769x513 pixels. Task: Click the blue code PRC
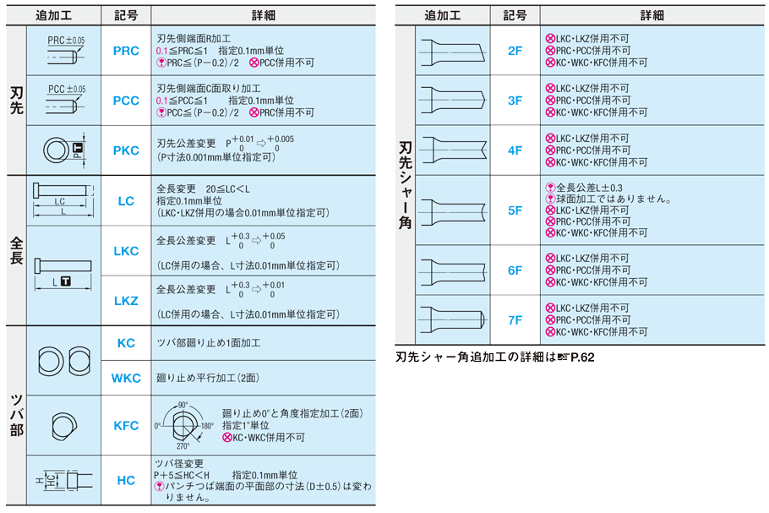(x=126, y=51)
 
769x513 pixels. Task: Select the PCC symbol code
(x=126, y=101)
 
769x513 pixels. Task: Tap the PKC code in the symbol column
(x=126, y=150)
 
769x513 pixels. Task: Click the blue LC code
(x=126, y=201)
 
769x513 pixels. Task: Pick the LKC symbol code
(x=126, y=251)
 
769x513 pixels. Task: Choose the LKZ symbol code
(x=126, y=301)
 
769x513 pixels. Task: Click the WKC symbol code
(x=126, y=378)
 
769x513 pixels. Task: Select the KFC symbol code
(x=126, y=426)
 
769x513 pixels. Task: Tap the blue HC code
(x=126, y=480)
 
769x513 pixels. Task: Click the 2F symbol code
(x=515, y=51)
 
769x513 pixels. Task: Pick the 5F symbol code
(x=515, y=210)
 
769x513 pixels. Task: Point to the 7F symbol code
(x=515, y=320)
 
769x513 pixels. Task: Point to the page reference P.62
(x=581, y=357)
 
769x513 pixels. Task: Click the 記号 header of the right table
(x=514, y=15)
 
